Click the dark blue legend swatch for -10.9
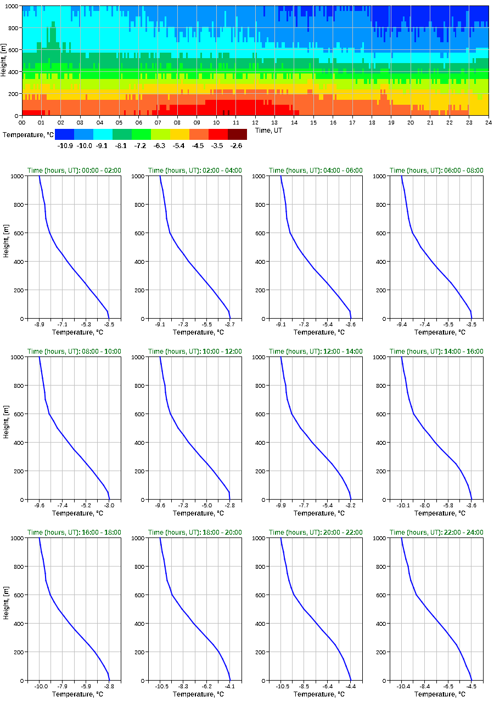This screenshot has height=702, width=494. coord(64,134)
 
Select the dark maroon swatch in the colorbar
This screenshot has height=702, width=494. coord(237,134)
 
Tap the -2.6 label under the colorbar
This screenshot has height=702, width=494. coord(237,145)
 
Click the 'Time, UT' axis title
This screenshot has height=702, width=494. coord(269,131)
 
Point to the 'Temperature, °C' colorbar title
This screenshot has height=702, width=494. coord(27,134)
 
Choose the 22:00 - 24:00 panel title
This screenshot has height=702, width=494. coord(436,533)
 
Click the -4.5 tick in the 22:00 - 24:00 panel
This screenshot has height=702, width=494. coord(471,686)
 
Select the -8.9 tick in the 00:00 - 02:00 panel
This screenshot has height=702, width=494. coord(40,324)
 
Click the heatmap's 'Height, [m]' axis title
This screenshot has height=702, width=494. coord(4,60)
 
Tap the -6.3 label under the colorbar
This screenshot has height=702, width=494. coord(160,145)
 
